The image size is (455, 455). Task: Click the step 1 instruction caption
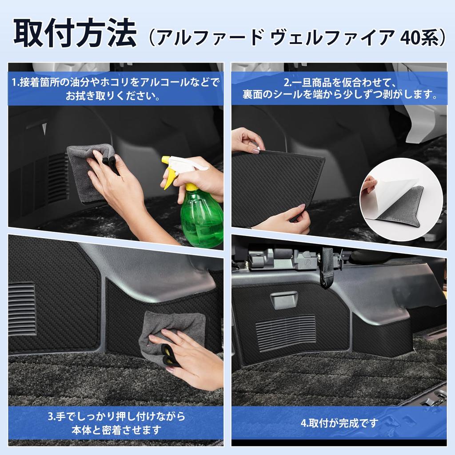pyautogui.click(x=116, y=89)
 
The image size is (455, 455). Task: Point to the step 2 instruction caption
pyautogui.click(x=339, y=89)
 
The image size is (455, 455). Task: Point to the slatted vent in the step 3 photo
pyautogui.click(x=21, y=308)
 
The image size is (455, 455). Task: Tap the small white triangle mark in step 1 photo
pyautogui.click(x=44, y=129)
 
